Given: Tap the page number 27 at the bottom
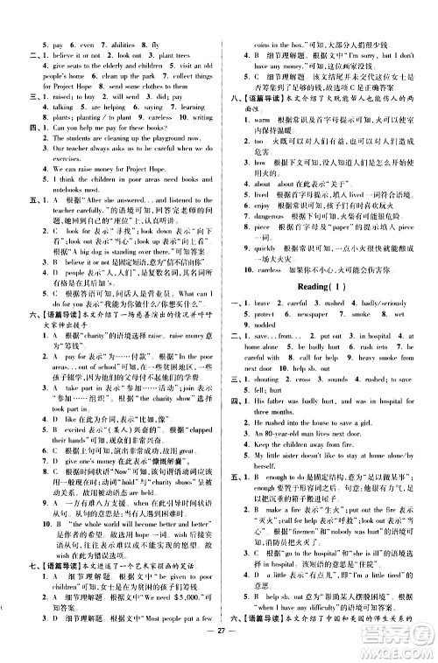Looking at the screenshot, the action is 218,646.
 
